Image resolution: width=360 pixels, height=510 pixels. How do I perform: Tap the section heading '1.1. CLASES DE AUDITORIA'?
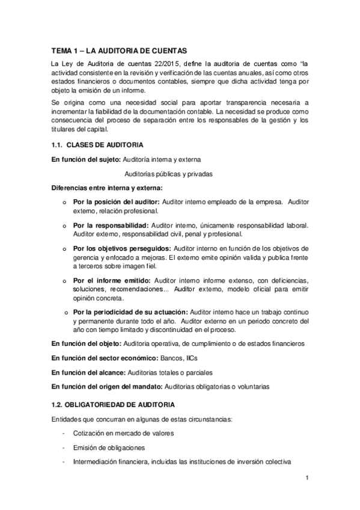point(96,146)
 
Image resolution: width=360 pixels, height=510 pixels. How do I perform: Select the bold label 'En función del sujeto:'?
point(85,159)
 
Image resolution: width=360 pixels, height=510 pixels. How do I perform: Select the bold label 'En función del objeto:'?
point(86,343)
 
